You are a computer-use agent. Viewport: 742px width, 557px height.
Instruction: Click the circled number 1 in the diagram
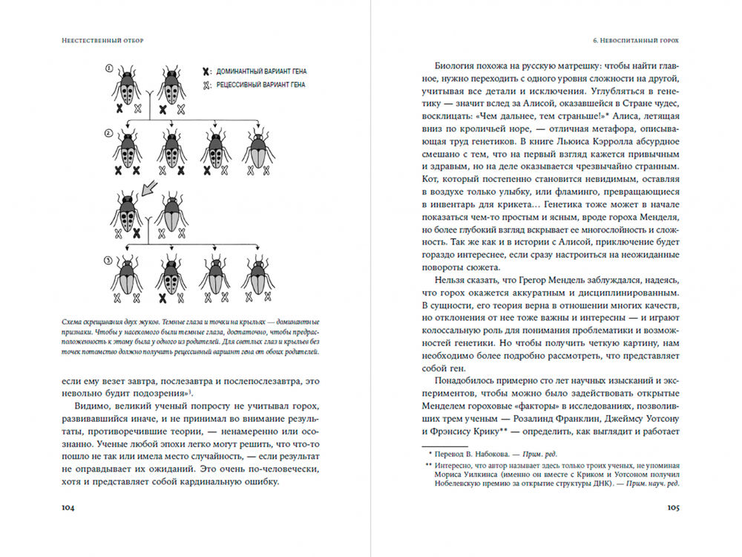coord(108,69)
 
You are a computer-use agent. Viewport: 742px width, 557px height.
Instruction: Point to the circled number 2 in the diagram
coord(108,134)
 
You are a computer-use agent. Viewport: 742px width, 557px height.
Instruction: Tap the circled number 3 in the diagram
coord(108,261)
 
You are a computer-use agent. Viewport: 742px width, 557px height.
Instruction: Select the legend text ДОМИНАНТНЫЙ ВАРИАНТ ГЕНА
coord(261,71)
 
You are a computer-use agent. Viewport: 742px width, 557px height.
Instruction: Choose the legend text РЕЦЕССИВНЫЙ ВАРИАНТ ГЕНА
coord(261,85)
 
